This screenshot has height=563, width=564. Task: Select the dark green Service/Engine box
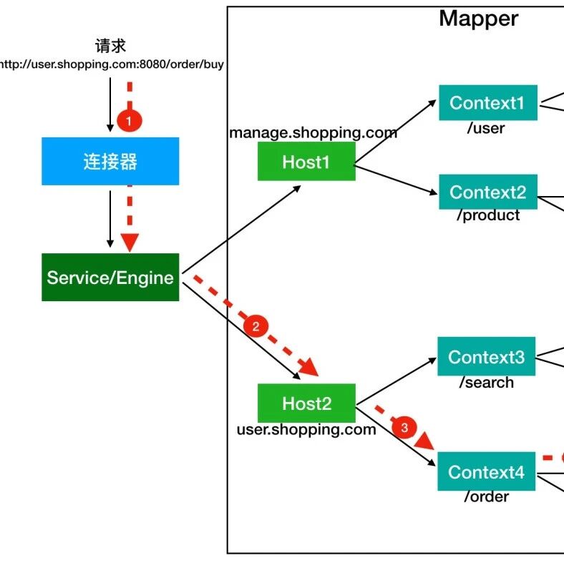[x=110, y=278]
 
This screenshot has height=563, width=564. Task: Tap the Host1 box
[x=306, y=162]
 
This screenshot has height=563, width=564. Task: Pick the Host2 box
[x=306, y=403]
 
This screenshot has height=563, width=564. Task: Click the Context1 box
[x=487, y=103]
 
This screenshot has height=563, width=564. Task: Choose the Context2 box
[x=487, y=192]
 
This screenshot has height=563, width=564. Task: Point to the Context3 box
[x=486, y=357]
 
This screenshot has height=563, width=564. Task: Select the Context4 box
[x=486, y=473]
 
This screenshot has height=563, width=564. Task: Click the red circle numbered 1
[x=129, y=122]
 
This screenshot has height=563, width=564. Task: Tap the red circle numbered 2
[x=256, y=326]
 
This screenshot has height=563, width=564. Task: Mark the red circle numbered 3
[x=404, y=429]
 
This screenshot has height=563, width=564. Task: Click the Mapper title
[x=478, y=19]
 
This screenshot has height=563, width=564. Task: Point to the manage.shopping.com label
[x=313, y=133]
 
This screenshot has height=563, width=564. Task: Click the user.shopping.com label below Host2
[x=306, y=430]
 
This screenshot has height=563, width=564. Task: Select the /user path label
[x=486, y=129]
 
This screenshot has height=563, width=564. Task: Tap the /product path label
[x=487, y=216]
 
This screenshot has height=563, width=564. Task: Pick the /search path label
[x=486, y=383]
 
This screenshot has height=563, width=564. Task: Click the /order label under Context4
[x=486, y=496]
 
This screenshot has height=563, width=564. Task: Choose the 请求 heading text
[x=110, y=46]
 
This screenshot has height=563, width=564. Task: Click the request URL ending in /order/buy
[x=111, y=64]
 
